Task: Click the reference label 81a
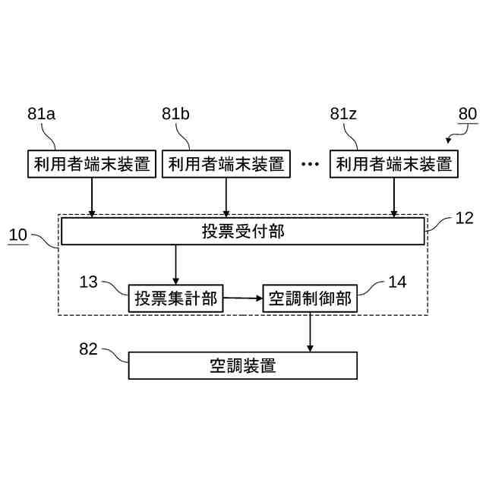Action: click(x=42, y=114)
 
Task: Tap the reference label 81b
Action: click(x=175, y=114)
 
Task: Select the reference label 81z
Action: click(x=344, y=114)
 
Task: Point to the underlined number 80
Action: click(x=467, y=114)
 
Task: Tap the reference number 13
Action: click(x=89, y=282)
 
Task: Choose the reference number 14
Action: click(x=397, y=282)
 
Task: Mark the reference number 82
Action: click(x=89, y=349)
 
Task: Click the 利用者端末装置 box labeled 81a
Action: click(x=92, y=164)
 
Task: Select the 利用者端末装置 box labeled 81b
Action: click(x=226, y=164)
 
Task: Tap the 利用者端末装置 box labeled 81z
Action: click(x=393, y=164)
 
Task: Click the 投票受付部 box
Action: click(x=243, y=231)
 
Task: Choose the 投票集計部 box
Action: click(x=175, y=298)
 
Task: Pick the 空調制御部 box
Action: click(x=310, y=298)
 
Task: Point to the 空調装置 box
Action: click(x=243, y=365)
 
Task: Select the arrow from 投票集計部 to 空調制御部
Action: click(x=243, y=298)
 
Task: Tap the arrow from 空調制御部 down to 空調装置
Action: click(x=310, y=332)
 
